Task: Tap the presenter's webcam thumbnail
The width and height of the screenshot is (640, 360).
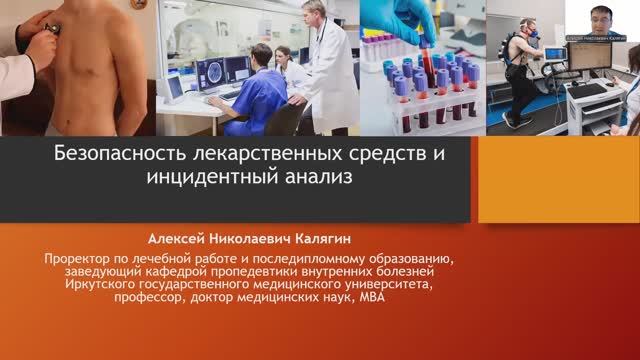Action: pyautogui.click(x=604, y=20)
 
